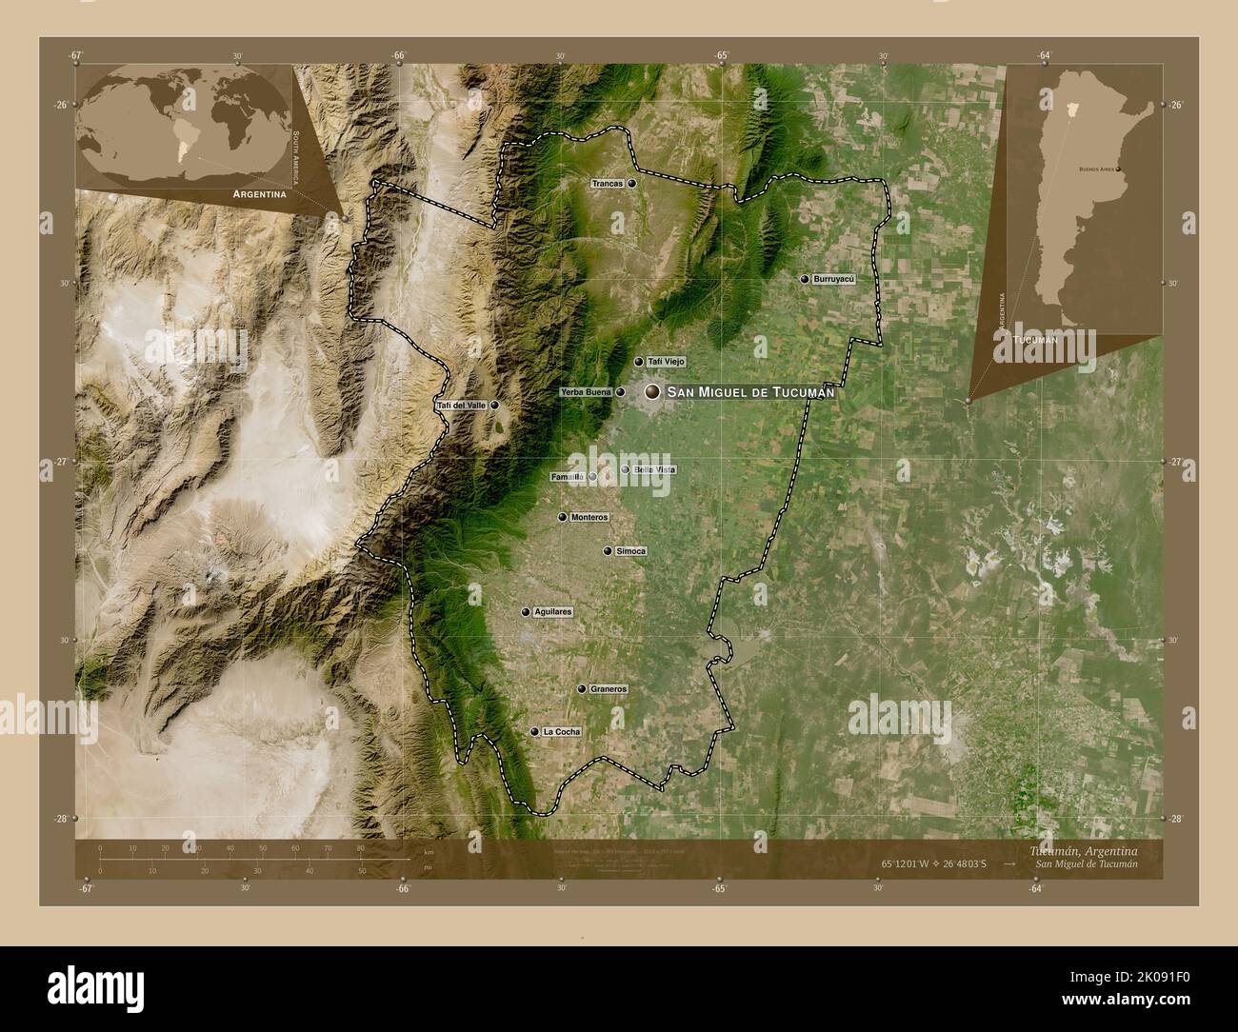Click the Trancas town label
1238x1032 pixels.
(607, 184)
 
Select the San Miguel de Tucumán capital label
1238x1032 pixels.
(750, 392)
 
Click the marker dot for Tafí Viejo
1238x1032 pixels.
(639, 362)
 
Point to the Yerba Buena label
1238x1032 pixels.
(586, 392)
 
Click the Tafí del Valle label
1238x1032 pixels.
(461, 406)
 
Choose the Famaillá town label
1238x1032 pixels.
(568, 477)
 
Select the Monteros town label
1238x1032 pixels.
(589, 518)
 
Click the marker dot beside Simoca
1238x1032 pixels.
(608, 551)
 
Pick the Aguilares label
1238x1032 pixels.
(552, 612)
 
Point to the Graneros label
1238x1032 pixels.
(609, 688)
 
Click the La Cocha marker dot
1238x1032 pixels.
(534, 732)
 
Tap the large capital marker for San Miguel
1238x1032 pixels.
(652, 392)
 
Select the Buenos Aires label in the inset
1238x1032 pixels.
(1095, 169)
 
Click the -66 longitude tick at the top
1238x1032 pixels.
(399, 55)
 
